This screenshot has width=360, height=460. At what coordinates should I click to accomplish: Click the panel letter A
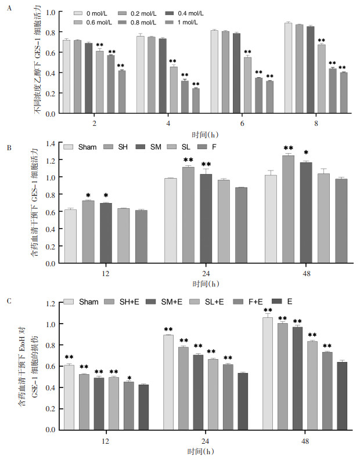click(x=9, y=8)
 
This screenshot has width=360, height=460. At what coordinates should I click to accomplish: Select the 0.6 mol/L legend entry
click(x=92, y=22)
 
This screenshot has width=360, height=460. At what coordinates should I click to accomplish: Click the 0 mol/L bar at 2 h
click(x=66, y=77)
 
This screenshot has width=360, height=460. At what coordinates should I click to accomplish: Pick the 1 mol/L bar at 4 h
click(x=196, y=100)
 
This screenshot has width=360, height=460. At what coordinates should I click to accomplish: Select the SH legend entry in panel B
click(x=116, y=147)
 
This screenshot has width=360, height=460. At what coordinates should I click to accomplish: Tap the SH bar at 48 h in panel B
click(x=288, y=209)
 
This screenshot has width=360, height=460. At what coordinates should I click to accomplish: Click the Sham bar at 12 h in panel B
click(x=70, y=236)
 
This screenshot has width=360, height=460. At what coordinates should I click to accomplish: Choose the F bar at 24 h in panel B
click(x=241, y=225)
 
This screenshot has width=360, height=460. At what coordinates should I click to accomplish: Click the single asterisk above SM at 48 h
click(x=306, y=153)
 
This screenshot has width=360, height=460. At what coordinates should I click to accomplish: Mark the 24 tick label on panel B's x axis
click(x=206, y=273)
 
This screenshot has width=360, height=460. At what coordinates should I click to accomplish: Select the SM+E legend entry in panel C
click(x=164, y=302)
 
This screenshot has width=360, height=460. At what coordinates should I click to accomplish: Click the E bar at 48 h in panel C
click(x=342, y=396)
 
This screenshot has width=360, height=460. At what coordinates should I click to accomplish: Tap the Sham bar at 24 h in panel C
click(x=168, y=382)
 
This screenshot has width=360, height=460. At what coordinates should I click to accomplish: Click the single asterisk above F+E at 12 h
click(x=129, y=378)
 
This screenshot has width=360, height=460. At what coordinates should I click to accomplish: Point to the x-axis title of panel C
click(x=200, y=451)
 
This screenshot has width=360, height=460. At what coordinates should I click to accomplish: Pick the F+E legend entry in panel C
click(x=247, y=302)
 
